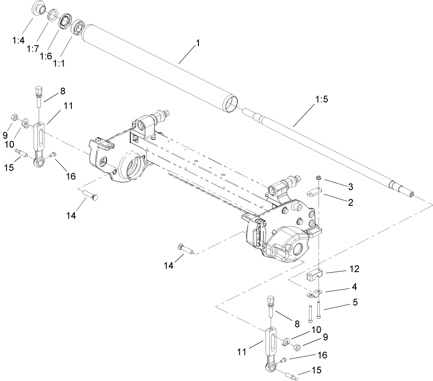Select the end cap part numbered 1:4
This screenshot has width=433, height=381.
pyautogui.click(x=38, y=8)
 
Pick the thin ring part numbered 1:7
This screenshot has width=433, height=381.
pyautogui.click(x=53, y=14)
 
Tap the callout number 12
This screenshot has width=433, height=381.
pyautogui.click(x=354, y=269)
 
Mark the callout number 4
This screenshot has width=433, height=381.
pyautogui.click(x=355, y=287)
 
